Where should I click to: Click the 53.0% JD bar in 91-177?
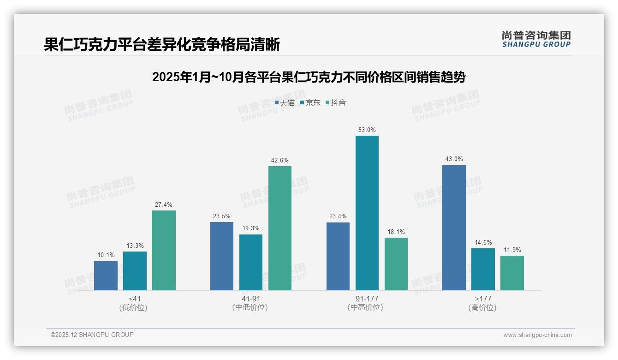[x=367, y=213]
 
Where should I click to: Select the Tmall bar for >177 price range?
[x=454, y=228]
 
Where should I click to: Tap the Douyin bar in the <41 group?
[x=164, y=250]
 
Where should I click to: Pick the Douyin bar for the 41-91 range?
[x=280, y=228]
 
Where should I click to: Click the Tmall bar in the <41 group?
[x=106, y=276]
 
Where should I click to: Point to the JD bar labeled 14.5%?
[x=483, y=269]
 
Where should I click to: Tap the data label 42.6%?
[x=280, y=161]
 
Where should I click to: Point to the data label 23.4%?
[x=338, y=216]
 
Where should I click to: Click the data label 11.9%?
[x=512, y=250]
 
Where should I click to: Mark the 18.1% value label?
[x=396, y=232]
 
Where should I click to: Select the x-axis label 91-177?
[x=367, y=299]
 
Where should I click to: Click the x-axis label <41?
[x=135, y=299]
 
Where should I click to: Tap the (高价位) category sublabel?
[x=482, y=307]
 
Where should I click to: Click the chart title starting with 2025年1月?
[x=309, y=77]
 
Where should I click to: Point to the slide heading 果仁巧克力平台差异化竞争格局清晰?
[x=162, y=45]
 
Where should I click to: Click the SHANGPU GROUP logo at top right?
[x=536, y=39]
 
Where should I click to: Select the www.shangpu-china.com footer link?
[x=537, y=335]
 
